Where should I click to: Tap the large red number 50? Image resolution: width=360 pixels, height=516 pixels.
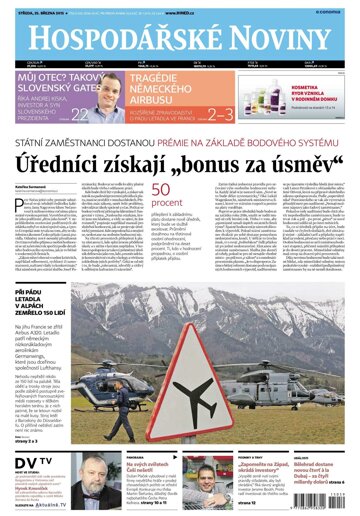click(164, 193)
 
